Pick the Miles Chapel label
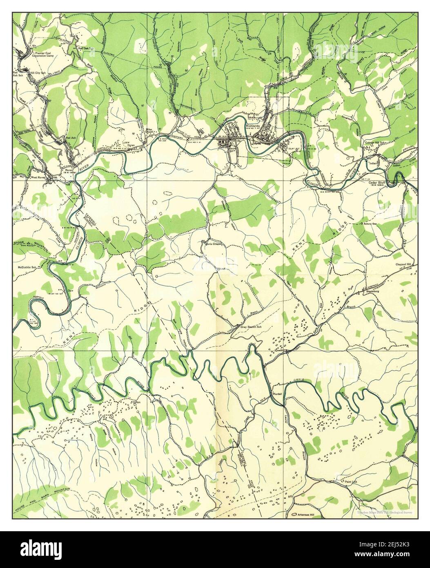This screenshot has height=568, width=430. pyautogui.click(x=152, y=132)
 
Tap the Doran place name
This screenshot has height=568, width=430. pyautogui.click(x=131, y=145)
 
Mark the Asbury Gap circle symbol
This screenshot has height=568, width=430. pyautogui.click(x=362, y=224)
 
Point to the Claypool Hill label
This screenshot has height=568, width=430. pyautogui.click(x=405, y=264)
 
